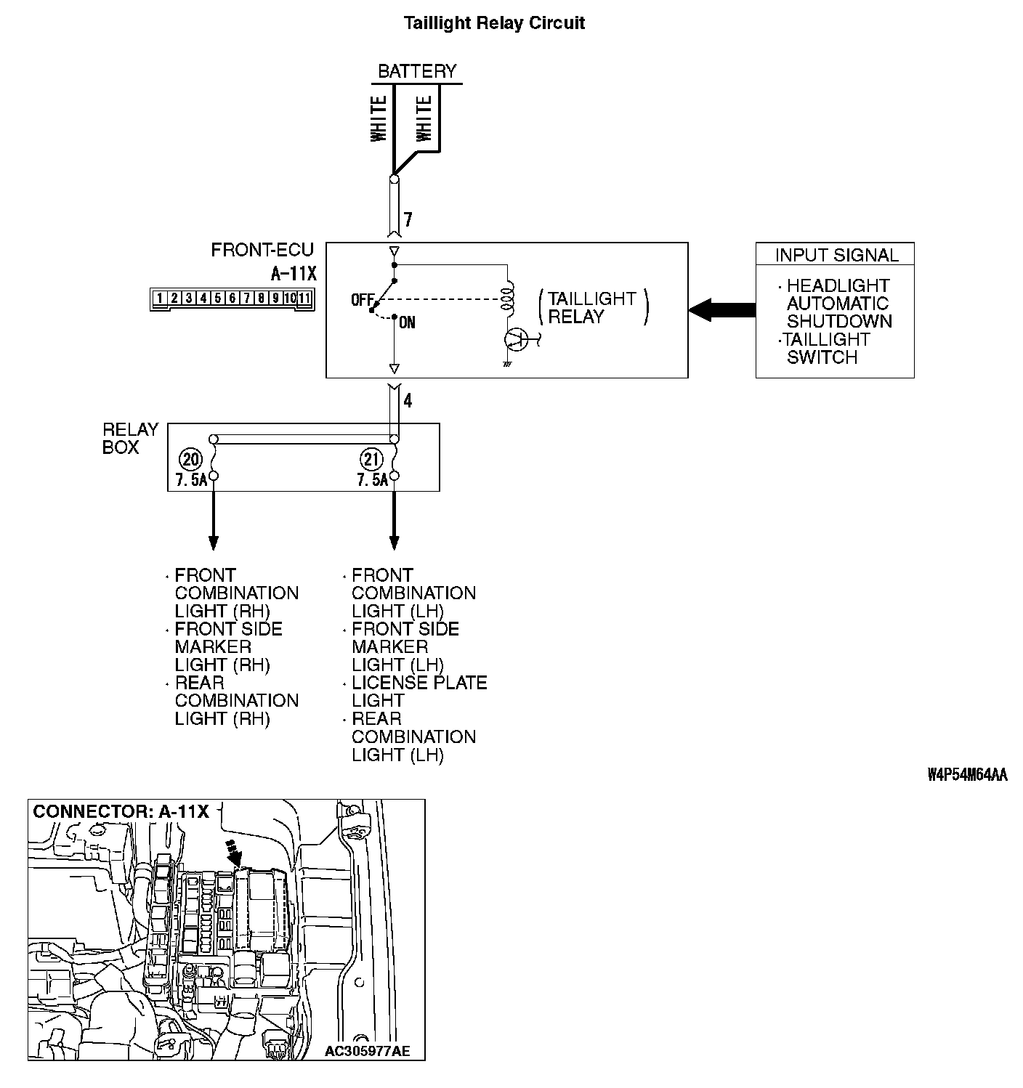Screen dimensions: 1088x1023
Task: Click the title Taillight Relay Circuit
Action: (x=494, y=23)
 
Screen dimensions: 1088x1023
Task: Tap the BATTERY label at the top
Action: (x=417, y=71)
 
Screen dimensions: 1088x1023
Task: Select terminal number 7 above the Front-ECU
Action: (x=408, y=219)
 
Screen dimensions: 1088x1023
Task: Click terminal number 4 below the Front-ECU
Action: (x=408, y=401)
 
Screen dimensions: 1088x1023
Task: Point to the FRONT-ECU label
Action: (x=262, y=251)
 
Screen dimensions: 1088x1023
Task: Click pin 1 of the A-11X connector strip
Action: (x=159, y=298)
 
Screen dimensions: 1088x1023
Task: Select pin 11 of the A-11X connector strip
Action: (x=304, y=298)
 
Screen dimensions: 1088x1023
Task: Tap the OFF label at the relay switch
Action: (x=361, y=299)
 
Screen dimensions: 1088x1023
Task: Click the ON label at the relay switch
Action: (x=408, y=322)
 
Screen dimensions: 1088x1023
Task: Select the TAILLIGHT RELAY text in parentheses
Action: (x=591, y=308)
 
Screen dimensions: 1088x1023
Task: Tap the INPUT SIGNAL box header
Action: (x=836, y=255)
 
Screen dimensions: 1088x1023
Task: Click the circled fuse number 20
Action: (x=191, y=459)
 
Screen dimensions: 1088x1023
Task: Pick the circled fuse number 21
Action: (x=371, y=459)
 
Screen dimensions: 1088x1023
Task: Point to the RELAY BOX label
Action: (x=131, y=439)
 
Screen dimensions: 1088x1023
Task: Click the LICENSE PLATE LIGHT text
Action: (x=418, y=691)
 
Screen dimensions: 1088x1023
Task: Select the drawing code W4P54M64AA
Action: (x=967, y=774)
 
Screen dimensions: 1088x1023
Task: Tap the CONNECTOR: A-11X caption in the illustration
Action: (x=121, y=812)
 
